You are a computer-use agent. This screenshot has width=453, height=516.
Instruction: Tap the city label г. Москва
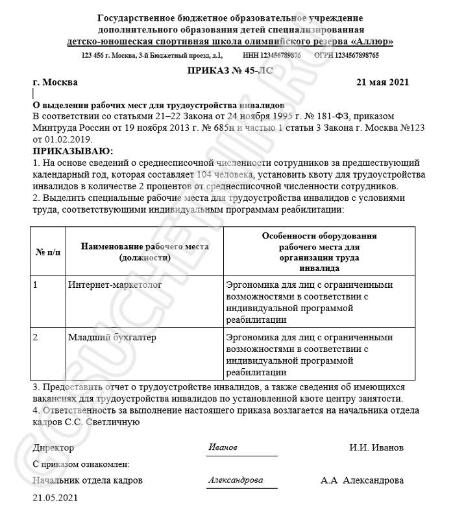tap(55, 82)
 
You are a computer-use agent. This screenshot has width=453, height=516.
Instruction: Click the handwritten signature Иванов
tap(223, 447)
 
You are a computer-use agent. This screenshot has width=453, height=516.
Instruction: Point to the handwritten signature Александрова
tap(236, 480)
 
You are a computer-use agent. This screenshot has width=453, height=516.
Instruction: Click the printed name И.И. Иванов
tap(376, 448)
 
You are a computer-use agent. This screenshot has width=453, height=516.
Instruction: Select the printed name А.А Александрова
tap(361, 480)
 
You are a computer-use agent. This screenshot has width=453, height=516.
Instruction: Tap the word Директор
tap(53, 448)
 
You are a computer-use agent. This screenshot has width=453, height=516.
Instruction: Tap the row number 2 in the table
tap(35, 337)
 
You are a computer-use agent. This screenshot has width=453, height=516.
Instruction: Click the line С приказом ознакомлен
tap(80, 464)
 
